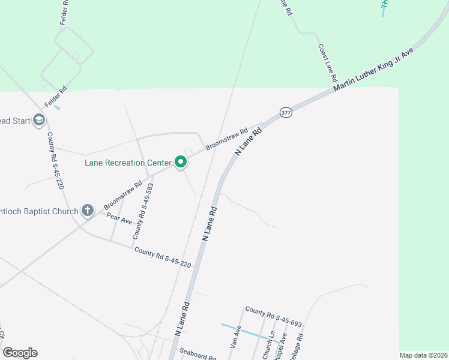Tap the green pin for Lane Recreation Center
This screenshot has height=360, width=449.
(x=180, y=162)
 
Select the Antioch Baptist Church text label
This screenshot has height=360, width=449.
(x=39, y=211)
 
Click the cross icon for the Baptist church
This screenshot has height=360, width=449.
(x=88, y=211)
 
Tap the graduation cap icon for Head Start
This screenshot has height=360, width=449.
(x=40, y=121)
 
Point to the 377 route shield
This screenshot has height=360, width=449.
(x=286, y=113)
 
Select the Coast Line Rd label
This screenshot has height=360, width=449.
(x=328, y=62)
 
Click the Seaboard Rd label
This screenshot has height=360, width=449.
(x=197, y=355)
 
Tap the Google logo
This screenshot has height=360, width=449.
(x=20, y=353)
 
